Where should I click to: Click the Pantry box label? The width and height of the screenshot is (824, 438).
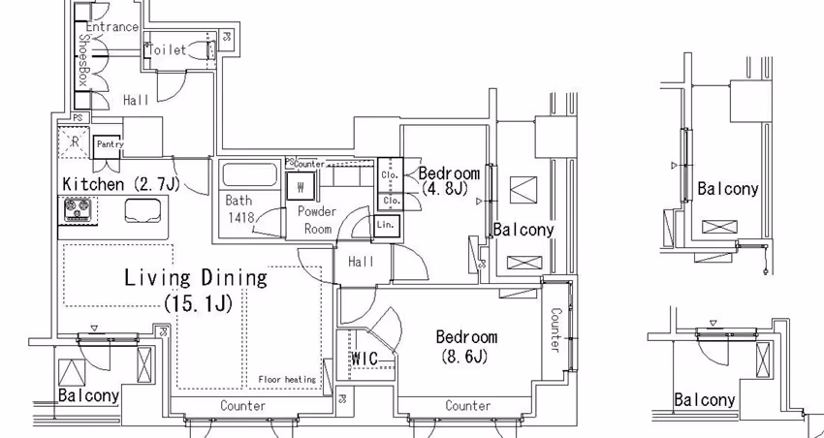(x=108, y=145)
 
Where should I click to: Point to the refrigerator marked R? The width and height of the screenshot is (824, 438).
(x=75, y=141)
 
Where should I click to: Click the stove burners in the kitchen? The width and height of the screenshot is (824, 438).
(x=77, y=209)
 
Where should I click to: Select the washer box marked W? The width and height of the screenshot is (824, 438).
(x=301, y=186)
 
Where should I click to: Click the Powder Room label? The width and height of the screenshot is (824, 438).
(x=316, y=220)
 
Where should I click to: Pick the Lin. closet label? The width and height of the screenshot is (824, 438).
(x=386, y=225)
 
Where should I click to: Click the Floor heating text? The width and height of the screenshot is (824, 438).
(x=287, y=379)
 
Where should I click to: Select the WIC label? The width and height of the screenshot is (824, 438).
(x=364, y=359)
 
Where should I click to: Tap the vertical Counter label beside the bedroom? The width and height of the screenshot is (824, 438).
(x=555, y=329)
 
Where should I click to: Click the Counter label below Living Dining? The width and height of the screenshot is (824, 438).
(x=242, y=406)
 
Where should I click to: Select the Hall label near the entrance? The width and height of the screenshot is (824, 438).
(x=136, y=101)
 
